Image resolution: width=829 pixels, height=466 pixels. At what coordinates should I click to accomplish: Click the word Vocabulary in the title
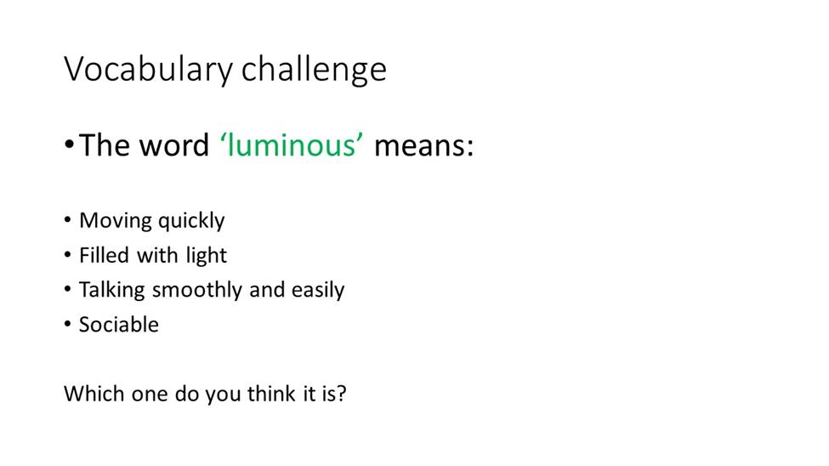(x=148, y=70)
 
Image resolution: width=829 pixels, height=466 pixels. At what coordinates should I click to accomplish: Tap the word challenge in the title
(x=314, y=70)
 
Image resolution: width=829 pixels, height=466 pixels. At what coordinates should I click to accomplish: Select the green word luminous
(x=292, y=145)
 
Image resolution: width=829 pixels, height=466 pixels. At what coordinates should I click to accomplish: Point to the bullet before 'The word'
(x=69, y=144)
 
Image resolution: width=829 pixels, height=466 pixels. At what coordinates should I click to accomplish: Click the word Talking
(x=112, y=290)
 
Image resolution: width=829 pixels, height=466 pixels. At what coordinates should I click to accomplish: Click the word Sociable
(x=119, y=325)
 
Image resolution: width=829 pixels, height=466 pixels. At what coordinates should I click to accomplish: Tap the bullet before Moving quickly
(x=67, y=219)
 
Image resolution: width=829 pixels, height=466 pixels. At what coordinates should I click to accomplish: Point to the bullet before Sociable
(x=67, y=323)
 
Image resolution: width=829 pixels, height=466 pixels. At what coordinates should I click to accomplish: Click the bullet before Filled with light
(x=67, y=254)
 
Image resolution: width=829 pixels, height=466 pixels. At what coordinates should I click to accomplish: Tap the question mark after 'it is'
(x=342, y=394)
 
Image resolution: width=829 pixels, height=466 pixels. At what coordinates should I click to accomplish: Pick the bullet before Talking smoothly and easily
(x=67, y=289)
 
